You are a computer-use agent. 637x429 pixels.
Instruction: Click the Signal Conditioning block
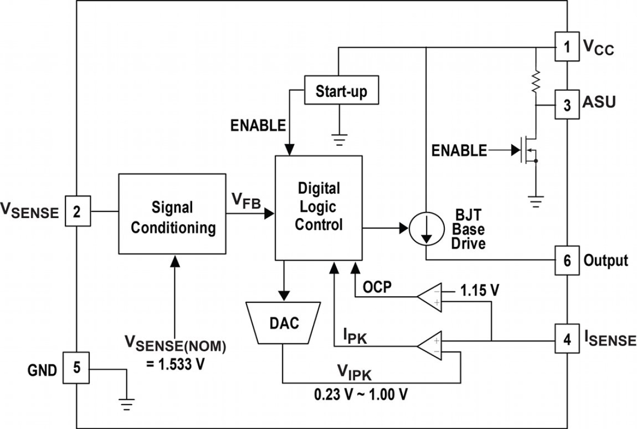click(172, 213)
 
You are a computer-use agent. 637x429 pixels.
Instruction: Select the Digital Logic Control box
click(318, 208)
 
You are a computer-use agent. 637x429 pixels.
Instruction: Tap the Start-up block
click(341, 92)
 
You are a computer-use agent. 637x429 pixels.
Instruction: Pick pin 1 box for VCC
click(567, 48)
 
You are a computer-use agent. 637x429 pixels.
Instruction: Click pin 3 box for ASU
click(567, 105)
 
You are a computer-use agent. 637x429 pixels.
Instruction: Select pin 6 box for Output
click(567, 261)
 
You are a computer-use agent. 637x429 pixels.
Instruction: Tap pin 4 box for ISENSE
click(567, 339)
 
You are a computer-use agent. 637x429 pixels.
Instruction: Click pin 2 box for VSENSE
click(77, 210)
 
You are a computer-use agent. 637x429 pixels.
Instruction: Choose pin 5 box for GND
click(77, 368)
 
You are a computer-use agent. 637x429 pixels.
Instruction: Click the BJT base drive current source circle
click(426, 229)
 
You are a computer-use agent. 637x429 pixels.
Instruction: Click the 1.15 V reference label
click(480, 292)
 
